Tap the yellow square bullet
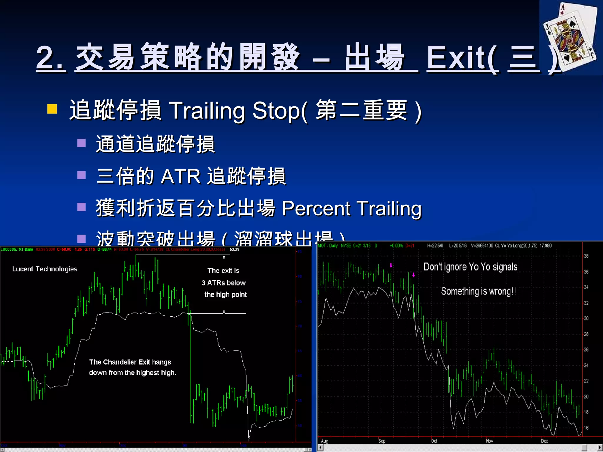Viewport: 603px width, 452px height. coord(52,109)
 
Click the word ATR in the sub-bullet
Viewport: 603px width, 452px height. coord(180,177)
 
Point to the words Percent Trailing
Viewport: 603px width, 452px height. coord(351,208)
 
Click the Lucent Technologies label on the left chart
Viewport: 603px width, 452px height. coord(45,269)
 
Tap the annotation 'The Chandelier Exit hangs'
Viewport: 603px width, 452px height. coord(130,362)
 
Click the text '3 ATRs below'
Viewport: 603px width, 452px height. coord(223,283)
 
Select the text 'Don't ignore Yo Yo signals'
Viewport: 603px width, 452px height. coord(470,267)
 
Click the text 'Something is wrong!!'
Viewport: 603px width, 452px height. coord(478,291)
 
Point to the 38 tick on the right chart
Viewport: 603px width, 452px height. coord(586,256)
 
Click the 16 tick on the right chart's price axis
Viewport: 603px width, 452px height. coord(586,428)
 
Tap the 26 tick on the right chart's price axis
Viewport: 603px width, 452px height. coord(586,350)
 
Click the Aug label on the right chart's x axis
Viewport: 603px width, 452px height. coord(324,441)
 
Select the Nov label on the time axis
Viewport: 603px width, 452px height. coord(489,441)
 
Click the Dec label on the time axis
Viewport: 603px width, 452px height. coord(544,441)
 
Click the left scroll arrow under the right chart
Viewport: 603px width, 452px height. coord(321,448)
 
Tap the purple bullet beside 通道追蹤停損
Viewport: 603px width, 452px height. coord(81,143)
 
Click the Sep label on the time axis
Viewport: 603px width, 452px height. coord(382,441)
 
